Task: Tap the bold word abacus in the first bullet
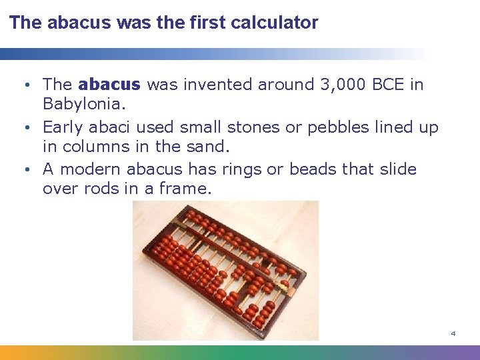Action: pos(109,85)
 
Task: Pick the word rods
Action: pos(101,189)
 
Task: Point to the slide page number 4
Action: pos(453,333)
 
